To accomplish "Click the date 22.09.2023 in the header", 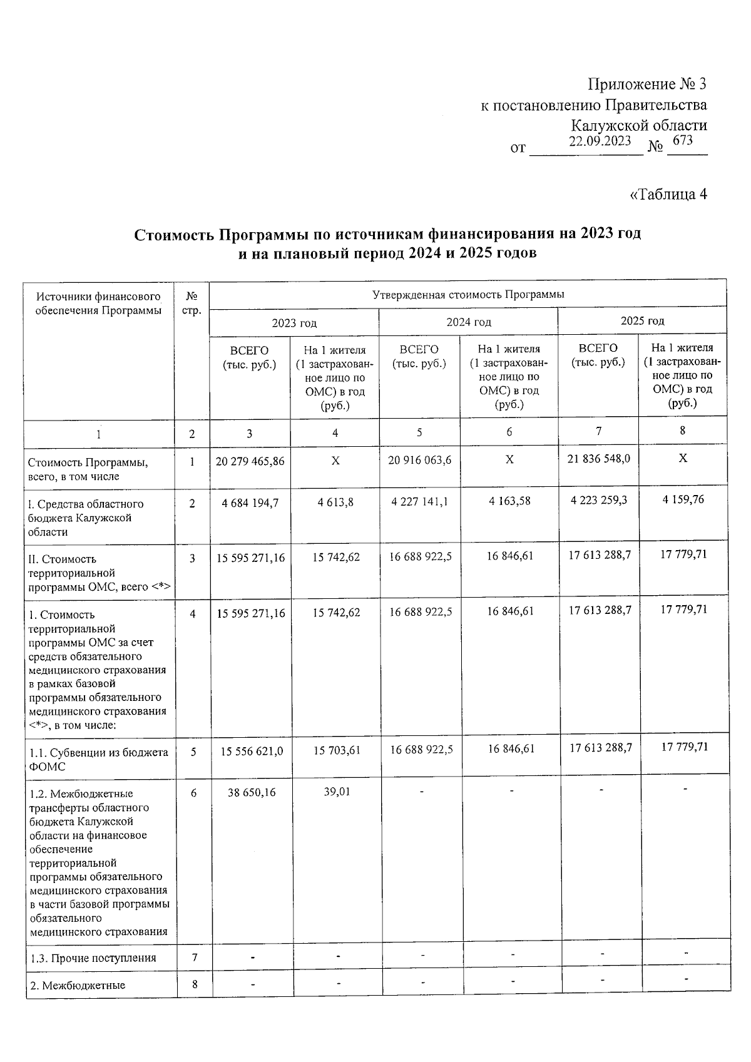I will (x=600, y=141).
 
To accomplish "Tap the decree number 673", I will (x=683, y=140).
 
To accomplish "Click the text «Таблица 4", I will (x=668, y=194).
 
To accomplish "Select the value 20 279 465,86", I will (x=250, y=461).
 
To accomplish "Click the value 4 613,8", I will (x=335, y=503).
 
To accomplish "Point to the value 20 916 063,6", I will (x=419, y=460).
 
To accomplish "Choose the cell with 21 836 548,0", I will (x=599, y=459).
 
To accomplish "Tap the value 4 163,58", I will (x=509, y=501).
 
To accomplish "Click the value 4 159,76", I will (x=683, y=500).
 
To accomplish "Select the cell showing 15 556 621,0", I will (x=252, y=751).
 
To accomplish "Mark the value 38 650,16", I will (x=252, y=792).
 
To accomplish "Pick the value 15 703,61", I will (x=337, y=750).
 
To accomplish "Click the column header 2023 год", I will (x=294, y=323).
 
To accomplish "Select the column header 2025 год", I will (x=642, y=321).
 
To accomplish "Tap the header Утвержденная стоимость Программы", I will (x=468, y=294).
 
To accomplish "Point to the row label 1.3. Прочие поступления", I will (x=93, y=958).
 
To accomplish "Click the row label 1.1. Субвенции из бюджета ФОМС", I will (x=99, y=759).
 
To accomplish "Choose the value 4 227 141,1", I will (x=419, y=502).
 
